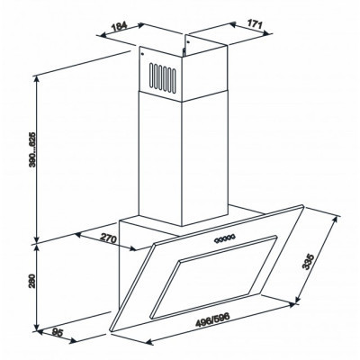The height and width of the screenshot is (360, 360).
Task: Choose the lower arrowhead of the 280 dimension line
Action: click(x=37, y=330)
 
